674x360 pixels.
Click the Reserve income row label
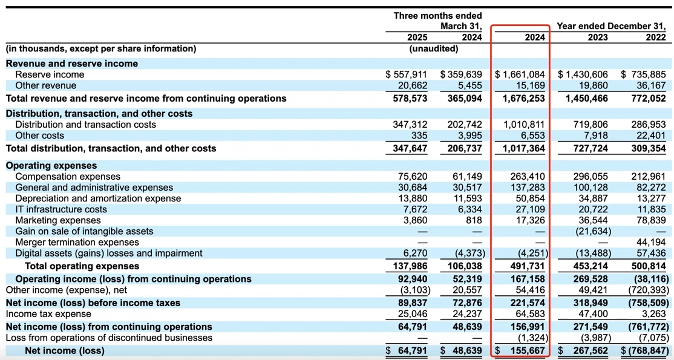coord(50,74)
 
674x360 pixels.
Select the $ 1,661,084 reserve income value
coord(520,74)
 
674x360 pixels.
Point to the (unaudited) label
coord(433,48)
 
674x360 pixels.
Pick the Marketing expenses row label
coord(58,220)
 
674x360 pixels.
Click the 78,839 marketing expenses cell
coord(652,220)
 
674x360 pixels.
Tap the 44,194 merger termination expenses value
coord(652,242)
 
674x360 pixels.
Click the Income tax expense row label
coord(48,314)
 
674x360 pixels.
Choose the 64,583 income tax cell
coord(529,314)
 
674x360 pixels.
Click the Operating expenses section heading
coord(51,165)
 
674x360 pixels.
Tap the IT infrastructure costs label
coord(61,209)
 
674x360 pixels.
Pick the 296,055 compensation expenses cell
coord(591,177)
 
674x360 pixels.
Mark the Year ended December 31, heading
coord(611,26)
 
